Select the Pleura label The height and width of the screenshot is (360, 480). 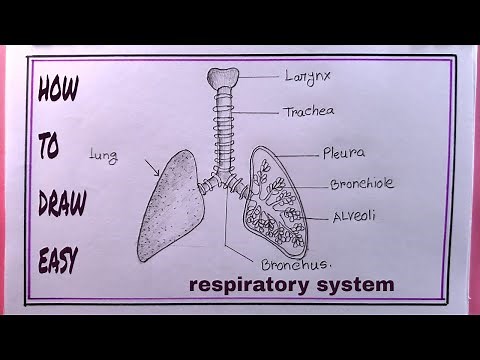point(342,153)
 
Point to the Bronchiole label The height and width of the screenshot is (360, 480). point(362,184)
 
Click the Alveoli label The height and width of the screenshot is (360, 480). point(354,216)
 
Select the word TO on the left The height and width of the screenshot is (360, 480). point(51,148)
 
